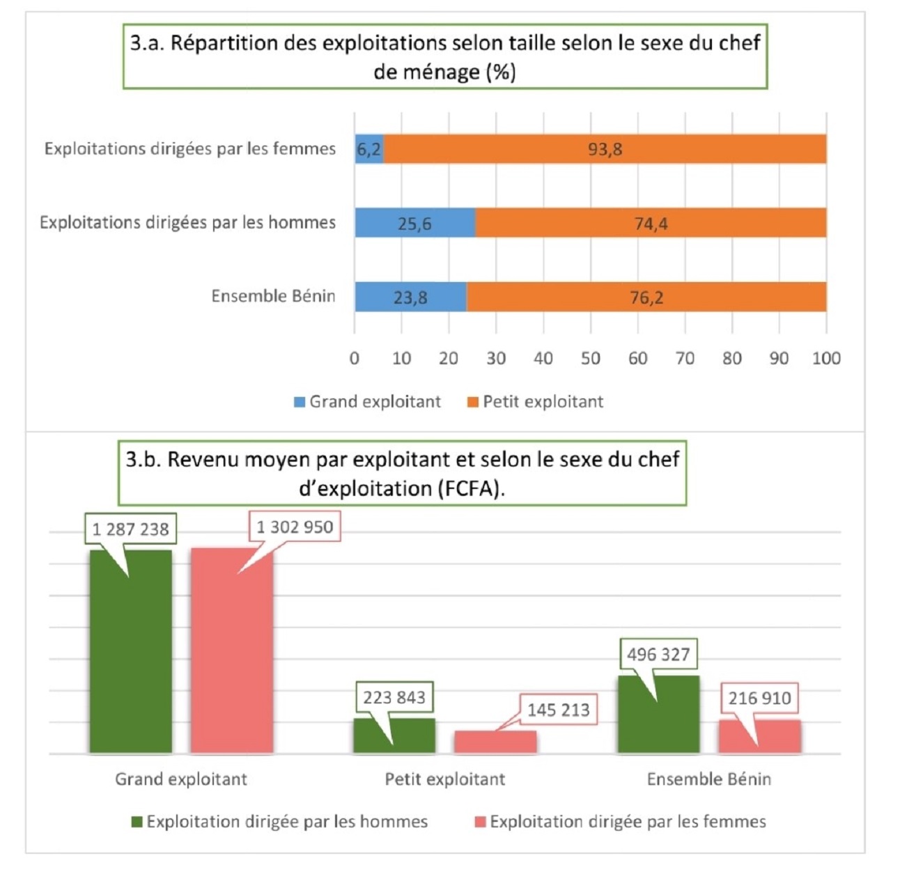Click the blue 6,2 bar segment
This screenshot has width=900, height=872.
368,149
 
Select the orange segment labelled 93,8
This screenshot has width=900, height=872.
605,149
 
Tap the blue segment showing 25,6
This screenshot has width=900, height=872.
414,223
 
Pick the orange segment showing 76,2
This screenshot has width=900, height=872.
646,297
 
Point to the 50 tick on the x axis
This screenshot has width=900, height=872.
590,358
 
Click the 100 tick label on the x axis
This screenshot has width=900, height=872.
825,358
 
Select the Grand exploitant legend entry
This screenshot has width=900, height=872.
367,402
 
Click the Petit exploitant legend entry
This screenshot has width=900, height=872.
535,402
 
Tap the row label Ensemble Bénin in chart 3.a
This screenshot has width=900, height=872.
273,296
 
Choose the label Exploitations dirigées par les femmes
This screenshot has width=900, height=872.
189,148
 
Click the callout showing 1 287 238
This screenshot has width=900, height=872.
130,529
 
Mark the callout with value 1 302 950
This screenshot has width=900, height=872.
295,527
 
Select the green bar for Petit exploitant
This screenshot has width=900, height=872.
394,735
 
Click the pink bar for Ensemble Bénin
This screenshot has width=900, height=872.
759,736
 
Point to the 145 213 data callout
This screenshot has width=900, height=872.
558,710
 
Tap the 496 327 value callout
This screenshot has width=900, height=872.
658,655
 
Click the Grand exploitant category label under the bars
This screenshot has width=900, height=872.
181,779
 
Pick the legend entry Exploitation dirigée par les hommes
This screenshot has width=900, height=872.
279,822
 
